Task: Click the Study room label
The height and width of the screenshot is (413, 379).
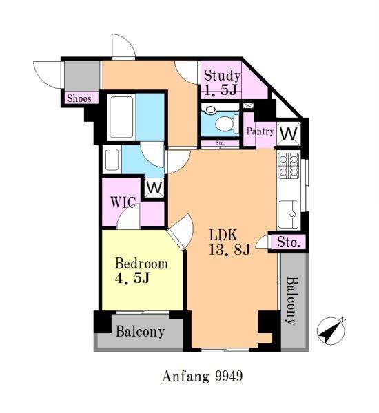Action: coord(222,76)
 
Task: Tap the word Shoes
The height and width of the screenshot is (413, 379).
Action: coord(79,98)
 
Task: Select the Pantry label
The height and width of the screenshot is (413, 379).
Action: coord(260,131)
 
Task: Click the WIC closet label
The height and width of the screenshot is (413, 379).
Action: coord(123,202)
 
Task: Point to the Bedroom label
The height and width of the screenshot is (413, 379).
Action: coord(142,264)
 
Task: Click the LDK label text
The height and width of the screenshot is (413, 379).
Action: coord(223,235)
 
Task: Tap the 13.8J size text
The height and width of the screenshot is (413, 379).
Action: coord(229,249)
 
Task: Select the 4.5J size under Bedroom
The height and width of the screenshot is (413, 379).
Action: coord(132,278)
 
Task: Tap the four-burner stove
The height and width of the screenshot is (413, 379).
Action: coord(289,165)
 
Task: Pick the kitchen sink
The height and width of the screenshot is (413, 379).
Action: coord(289,214)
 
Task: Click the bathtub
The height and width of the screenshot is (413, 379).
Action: coord(121,117)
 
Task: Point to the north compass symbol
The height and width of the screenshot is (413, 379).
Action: coord(331,331)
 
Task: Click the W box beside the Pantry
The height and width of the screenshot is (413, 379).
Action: coord(289,134)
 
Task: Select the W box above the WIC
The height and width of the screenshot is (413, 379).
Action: coord(154,188)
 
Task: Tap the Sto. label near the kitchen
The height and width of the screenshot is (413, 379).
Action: coord(289,242)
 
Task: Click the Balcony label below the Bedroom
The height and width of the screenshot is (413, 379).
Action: coord(140,332)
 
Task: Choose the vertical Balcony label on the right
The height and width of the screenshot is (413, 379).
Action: coord(292,301)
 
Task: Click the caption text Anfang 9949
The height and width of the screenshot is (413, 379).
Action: coord(203,376)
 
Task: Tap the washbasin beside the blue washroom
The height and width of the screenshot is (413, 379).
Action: coord(112,160)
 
